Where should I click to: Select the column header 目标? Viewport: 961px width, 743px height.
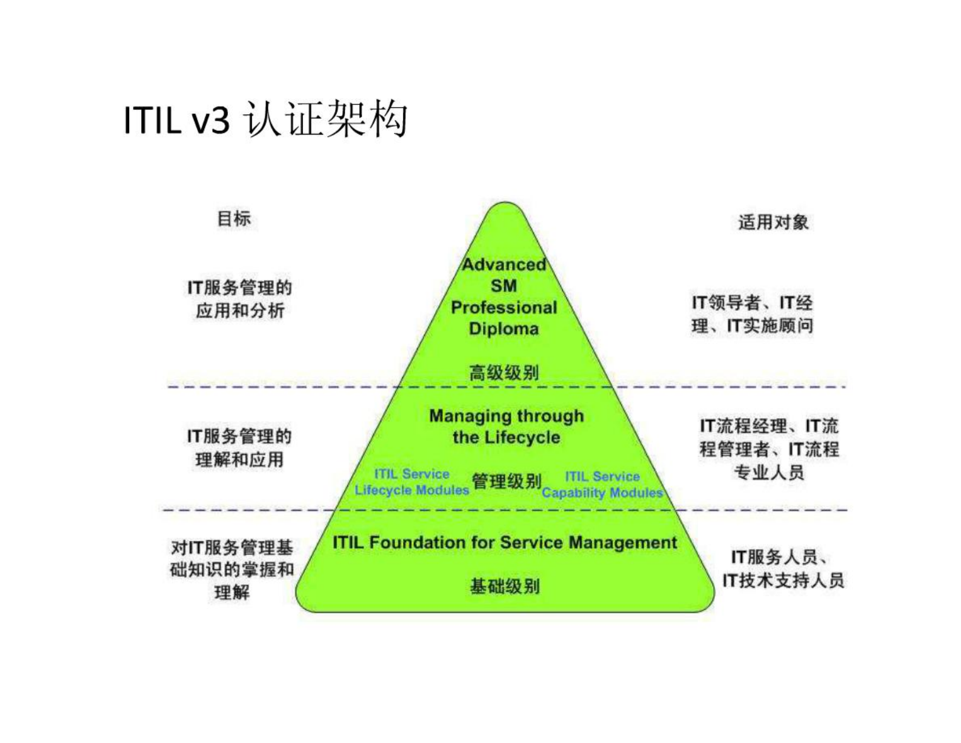(x=234, y=218)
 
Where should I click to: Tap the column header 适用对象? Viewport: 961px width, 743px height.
(x=773, y=222)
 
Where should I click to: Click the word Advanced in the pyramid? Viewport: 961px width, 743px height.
(x=504, y=265)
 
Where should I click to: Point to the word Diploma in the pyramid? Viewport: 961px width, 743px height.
(x=504, y=329)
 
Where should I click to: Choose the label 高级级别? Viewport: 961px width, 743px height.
(x=504, y=372)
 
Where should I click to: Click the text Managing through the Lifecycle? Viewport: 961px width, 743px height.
(x=506, y=427)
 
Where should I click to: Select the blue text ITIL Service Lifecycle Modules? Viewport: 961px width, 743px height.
(x=412, y=482)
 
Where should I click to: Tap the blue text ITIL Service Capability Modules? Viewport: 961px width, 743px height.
(x=602, y=485)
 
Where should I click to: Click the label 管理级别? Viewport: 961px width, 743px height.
(x=506, y=481)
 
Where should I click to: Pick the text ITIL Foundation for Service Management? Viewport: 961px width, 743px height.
(x=504, y=542)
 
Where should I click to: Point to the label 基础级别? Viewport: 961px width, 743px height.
(x=504, y=586)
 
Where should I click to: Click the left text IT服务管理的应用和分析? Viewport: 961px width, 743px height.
(x=239, y=299)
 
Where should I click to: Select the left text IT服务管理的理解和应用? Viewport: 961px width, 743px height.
(x=239, y=447)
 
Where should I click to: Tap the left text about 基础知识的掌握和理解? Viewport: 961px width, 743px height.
(x=231, y=570)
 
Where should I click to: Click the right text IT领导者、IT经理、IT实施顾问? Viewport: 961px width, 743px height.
(x=752, y=314)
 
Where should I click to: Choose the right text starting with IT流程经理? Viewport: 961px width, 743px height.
(x=769, y=449)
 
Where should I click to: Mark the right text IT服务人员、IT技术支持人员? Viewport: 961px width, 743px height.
(x=782, y=568)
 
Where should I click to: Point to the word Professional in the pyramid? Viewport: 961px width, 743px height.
(x=504, y=308)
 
